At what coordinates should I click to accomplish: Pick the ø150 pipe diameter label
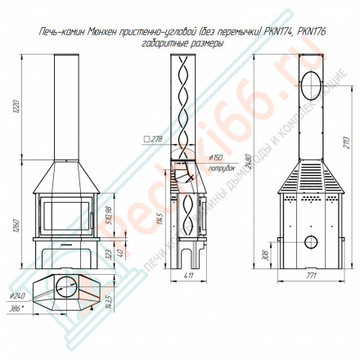[216, 158]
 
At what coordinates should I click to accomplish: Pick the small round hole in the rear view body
[311, 243]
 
